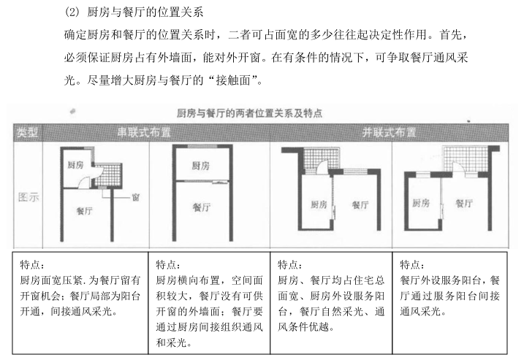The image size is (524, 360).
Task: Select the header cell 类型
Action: (29, 132)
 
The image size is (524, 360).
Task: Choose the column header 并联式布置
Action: (390, 132)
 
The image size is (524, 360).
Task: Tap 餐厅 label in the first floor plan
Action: (86, 210)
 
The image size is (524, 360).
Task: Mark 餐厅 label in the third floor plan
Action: (360, 204)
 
